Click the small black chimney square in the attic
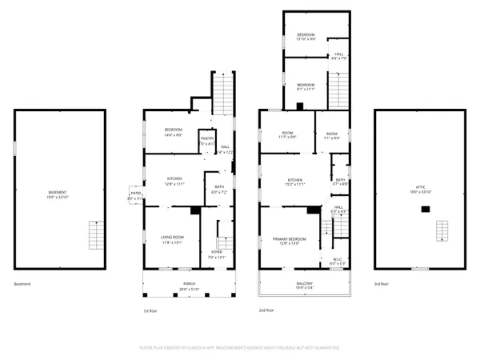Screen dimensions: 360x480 click(426, 209)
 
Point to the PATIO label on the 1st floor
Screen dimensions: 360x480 click(136, 193)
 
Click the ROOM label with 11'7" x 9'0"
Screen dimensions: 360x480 click(287, 135)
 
